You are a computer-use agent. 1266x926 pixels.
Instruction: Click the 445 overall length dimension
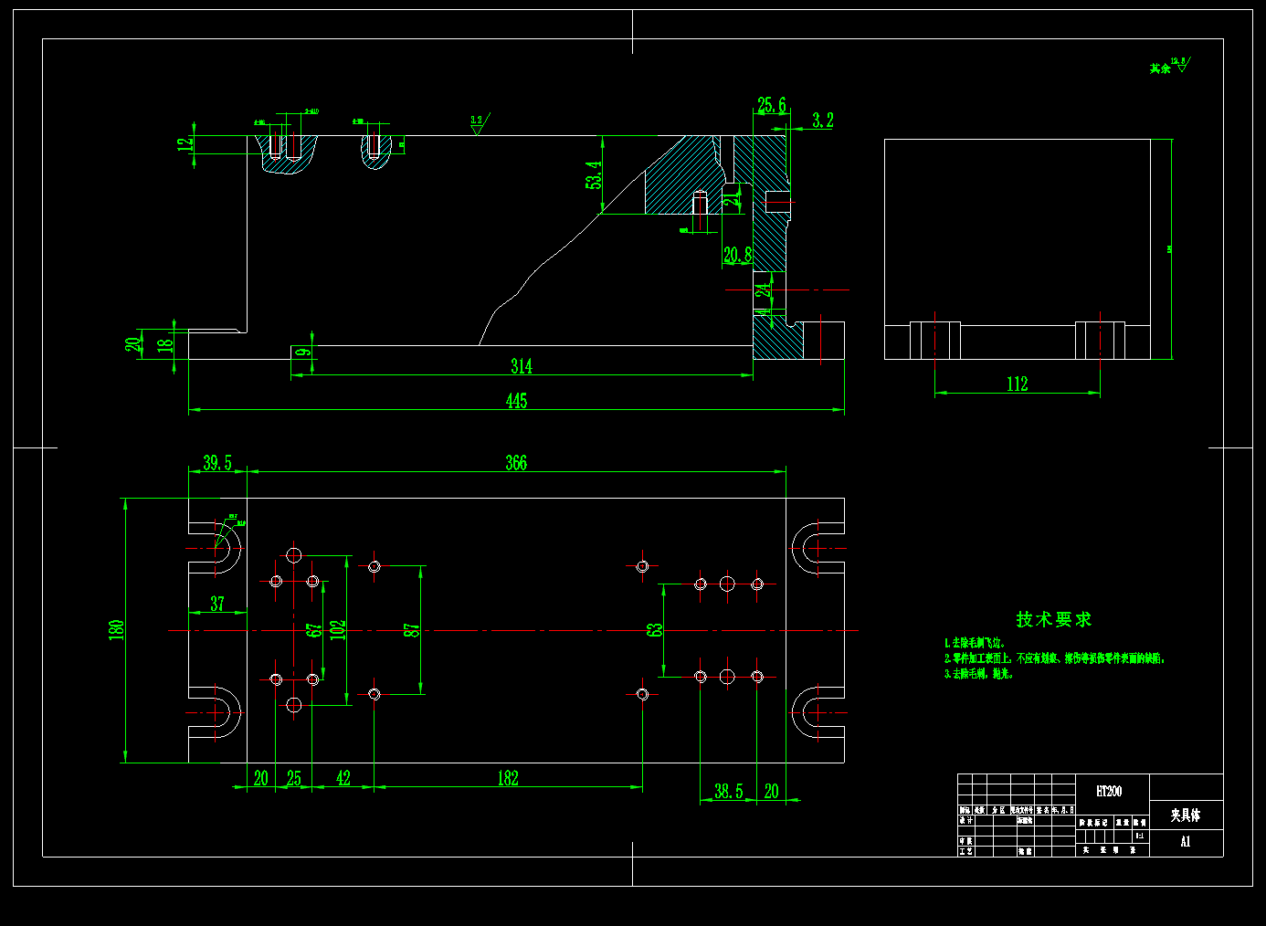[x=516, y=401]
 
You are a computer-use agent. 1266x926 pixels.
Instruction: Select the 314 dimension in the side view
[x=521, y=366]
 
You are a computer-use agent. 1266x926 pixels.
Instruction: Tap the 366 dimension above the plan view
[x=516, y=463]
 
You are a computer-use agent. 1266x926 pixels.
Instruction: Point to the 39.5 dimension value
[x=217, y=463]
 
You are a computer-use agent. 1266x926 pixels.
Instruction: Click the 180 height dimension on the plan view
[x=117, y=629]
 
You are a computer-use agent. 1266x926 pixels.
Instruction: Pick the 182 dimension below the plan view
[x=508, y=778]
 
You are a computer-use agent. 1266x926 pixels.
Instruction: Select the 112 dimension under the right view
[x=1017, y=384]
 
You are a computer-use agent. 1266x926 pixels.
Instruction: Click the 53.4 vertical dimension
[x=594, y=174]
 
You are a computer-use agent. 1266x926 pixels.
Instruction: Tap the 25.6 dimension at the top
[x=771, y=106]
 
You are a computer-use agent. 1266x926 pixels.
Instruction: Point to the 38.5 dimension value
[x=728, y=791]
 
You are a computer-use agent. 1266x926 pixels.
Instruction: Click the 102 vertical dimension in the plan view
[x=338, y=630]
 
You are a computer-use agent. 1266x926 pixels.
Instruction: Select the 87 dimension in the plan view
[x=412, y=630]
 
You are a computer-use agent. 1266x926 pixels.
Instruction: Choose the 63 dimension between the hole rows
[x=655, y=630]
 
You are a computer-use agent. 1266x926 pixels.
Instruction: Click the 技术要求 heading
[x=1053, y=619]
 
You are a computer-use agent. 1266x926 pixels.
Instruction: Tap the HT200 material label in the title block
[x=1109, y=791]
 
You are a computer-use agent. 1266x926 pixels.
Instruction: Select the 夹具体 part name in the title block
[x=1186, y=815]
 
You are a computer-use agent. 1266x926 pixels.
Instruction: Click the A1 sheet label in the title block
[x=1186, y=842]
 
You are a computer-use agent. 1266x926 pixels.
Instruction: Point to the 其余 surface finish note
[x=1160, y=68]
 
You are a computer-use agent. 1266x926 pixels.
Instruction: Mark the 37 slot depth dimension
[x=217, y=604]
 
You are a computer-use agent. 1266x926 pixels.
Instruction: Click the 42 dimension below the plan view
[x=343, y=778]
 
